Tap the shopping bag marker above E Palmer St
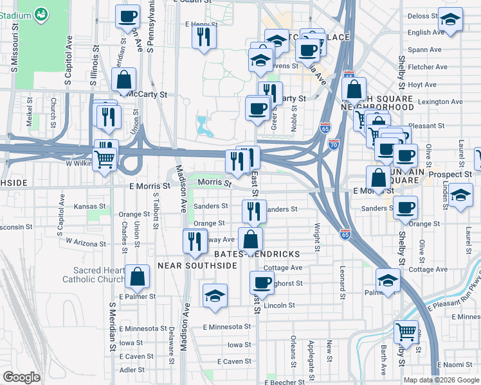138,277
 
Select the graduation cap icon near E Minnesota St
215,295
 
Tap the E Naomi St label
458,364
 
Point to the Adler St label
132,370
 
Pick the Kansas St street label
89,207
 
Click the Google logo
21,377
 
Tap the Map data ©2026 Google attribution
441,380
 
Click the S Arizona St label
84,244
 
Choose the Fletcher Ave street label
427,67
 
